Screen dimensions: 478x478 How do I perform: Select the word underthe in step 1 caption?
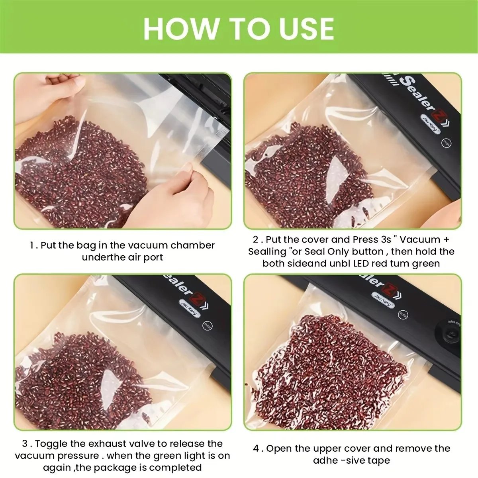pyautogui.click(x=104, y=257)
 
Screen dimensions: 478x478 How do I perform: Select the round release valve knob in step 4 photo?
pyautogui.click(x=452, y=334)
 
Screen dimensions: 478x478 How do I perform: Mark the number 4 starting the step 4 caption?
pyautogui.click(x=256, y=449)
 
